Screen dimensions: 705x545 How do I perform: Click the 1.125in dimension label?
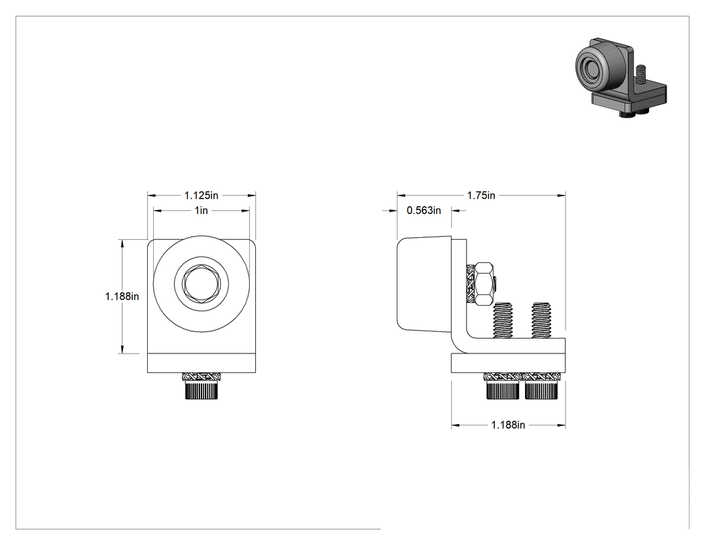[x=201, y=196]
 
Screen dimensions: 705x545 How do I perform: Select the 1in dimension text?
[x=201, y=210]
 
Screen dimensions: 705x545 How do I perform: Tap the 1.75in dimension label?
[x=481, y=196]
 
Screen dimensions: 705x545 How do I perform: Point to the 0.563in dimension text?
[x=424, y=210]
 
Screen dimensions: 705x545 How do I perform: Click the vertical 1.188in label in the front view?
[x=122, y=296]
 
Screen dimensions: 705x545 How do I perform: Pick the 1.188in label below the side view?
[x=508, y=425]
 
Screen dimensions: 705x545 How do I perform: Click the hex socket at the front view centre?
[x=201, y=284]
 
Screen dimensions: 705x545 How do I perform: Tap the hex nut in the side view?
[x=485, y=284]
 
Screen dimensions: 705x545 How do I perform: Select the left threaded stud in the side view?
[x=503, y=321]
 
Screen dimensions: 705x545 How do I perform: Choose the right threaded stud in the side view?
[x=541, y=321]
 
